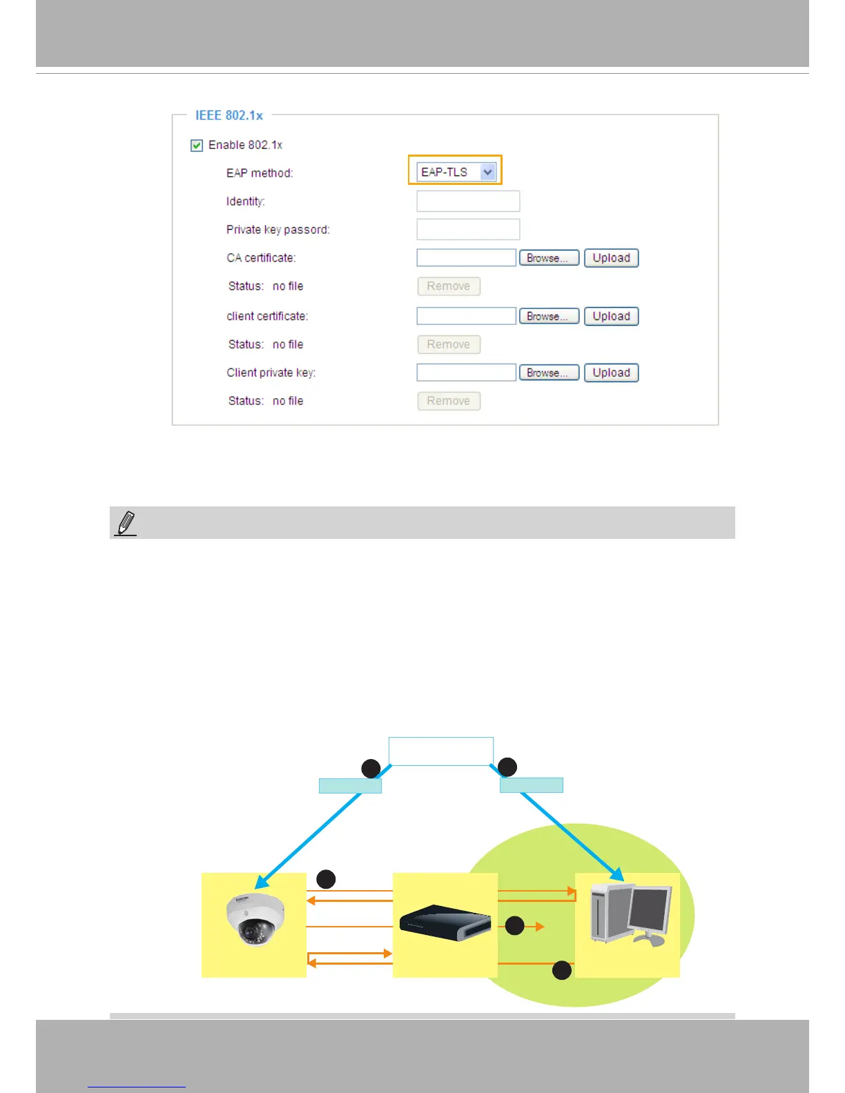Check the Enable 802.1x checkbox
point(197,145)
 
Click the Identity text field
point(468,201)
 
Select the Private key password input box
point(468,230)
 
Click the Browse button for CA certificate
point(549,258)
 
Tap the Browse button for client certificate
point(549,316)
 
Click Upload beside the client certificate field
point(611,316)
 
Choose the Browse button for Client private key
point(549,373)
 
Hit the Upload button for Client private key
point(611,373)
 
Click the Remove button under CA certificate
point(449,286)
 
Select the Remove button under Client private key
point(449,401)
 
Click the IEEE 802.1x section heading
point(229,115)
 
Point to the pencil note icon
point(126,523)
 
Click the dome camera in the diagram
point(255,918)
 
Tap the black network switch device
point(445,923)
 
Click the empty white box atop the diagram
point(441,751)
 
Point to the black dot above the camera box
point(326,878)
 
